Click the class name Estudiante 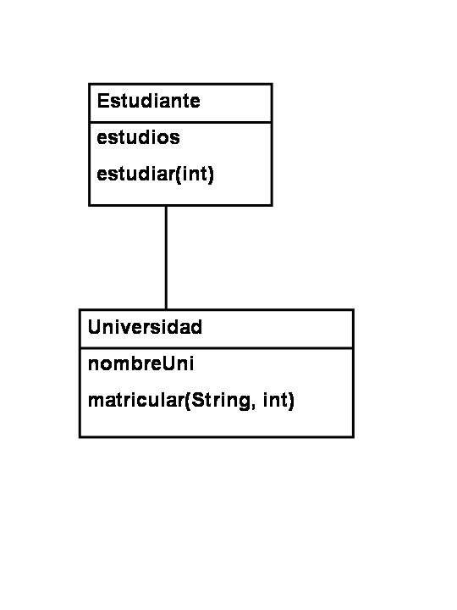(148, 101)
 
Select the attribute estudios (138, 137)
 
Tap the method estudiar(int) (156, 174)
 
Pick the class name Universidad (145, 327)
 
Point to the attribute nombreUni (140, 363)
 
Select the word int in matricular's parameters (276, 400)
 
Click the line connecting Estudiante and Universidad (166, 258)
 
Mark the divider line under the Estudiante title (181, 122)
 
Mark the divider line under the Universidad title (217, 348)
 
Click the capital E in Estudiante (102, 101)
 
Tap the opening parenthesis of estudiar (179, 175)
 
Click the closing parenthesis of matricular (291, 401)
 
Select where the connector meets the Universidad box (166, 310)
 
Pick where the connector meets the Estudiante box (166, 205)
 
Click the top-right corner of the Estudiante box (272, 84)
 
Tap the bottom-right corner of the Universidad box (353, 437)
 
